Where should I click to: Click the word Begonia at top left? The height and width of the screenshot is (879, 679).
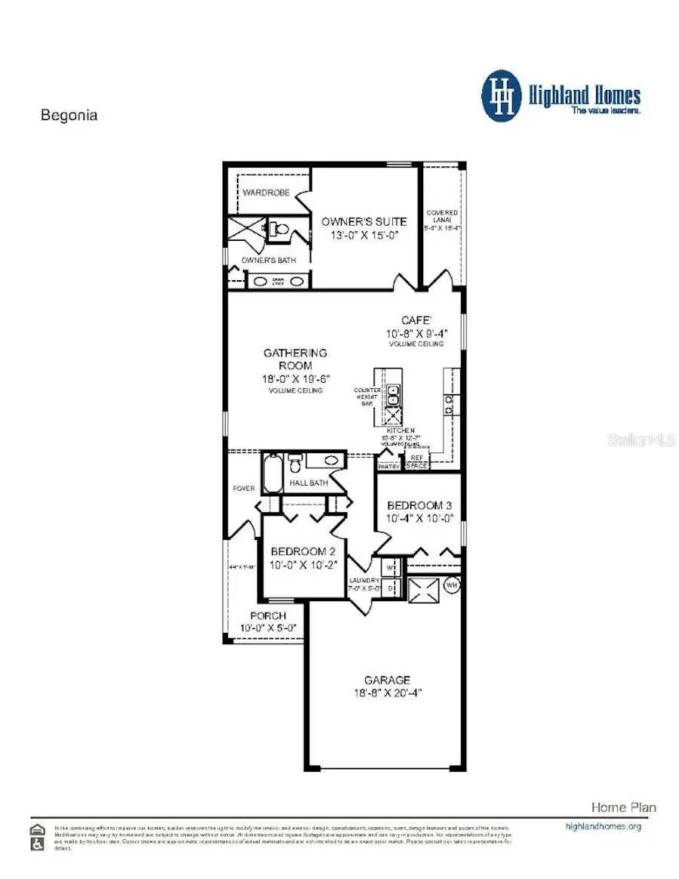69,116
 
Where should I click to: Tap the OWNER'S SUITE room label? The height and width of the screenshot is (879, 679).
364,221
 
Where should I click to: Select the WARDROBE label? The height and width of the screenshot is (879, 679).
266,193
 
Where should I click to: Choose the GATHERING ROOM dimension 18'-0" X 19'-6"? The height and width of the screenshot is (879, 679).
295,378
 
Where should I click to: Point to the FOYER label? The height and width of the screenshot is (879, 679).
243,489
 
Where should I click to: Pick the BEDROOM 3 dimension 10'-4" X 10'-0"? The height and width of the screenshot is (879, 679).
417,518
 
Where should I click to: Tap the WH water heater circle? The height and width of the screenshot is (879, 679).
452,584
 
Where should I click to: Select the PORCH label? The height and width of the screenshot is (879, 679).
268,616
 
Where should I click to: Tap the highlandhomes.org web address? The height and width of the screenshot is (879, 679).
603,826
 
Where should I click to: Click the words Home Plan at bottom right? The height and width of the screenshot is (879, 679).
623,807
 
